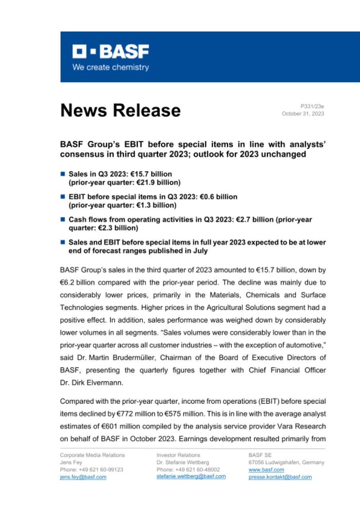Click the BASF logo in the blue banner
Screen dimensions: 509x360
(x=111, y=52)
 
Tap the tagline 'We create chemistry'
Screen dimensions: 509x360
(x=111, y=67)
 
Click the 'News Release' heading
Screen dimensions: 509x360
(x=120, y=110)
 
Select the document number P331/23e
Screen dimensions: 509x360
(x=312, y=106)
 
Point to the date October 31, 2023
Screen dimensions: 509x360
(x=303, y=114)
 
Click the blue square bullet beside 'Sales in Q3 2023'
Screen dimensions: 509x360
(x=63, y=174)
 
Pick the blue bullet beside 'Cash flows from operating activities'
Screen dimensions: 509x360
(x=63, y=219)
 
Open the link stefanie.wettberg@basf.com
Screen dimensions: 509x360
(x=191, y=476)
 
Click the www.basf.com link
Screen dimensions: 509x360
(x=261, y=470)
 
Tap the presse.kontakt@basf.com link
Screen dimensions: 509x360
(x=280, y=477)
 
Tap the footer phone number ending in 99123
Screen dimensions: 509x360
(x=91, y=470)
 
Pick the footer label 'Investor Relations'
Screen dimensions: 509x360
(x=178, y=455)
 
